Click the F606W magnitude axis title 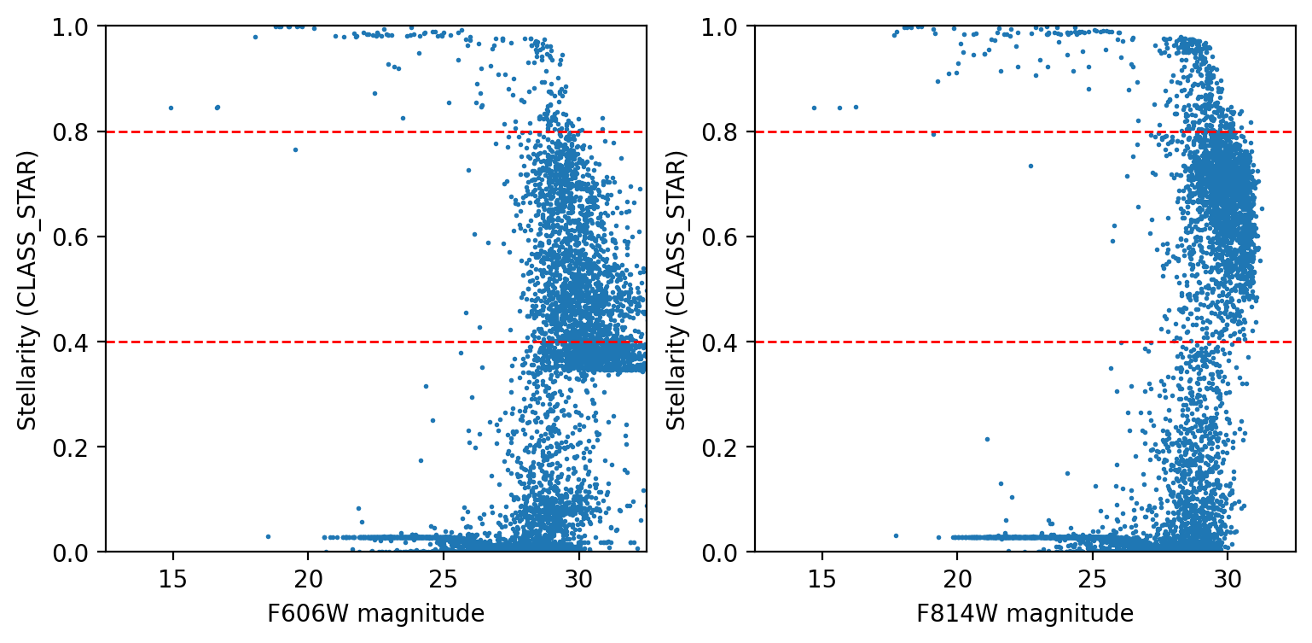tap(375, 614)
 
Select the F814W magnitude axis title tap(1025, 614)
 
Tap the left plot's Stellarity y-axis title tap(28, 289)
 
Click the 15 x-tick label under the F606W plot tap(172, 574)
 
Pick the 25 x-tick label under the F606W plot tap(443, 574)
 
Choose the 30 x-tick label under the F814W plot tap(1227, 574)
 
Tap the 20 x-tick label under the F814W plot tap(957, 574)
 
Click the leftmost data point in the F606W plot tap(171, 108)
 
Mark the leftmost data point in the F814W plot tap(813, 108)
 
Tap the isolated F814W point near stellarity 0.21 tap(987, 439)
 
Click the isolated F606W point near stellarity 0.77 tap(295, 149)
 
